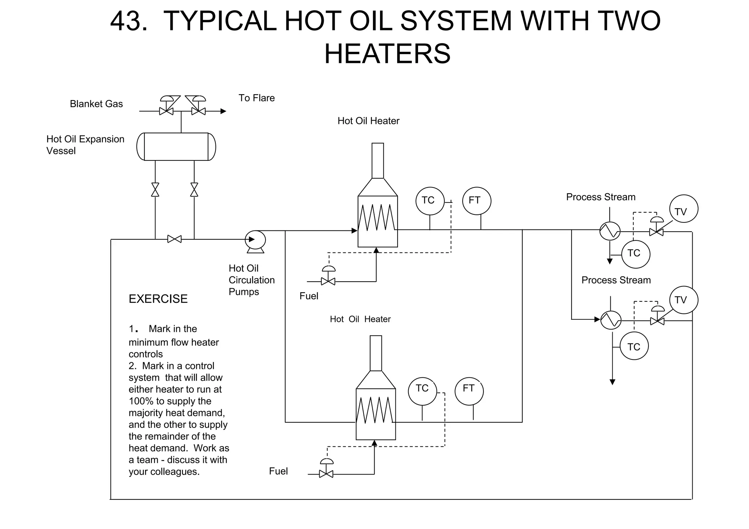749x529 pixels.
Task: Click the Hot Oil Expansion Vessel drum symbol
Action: (176, 146)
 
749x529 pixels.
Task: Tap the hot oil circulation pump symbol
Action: (255, 240)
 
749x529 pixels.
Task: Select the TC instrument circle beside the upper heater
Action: (430, 201)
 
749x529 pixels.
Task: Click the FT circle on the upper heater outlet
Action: (476, 201)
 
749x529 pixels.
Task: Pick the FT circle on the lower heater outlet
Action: (469, 391)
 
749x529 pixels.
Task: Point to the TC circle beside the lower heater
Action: (422, 391)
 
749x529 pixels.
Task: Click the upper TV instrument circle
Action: (684, 209)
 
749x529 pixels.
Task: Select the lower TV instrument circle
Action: (684, 300)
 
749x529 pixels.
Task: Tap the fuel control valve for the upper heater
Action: (328, 281)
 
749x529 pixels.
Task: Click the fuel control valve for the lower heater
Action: (326, 474)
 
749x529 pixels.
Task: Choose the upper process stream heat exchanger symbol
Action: (610, 231)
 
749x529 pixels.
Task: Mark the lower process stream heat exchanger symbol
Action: (611, 320)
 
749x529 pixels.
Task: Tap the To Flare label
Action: (256, 98)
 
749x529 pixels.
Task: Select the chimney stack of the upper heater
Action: (378, 160)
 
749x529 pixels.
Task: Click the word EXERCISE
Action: (158, 299)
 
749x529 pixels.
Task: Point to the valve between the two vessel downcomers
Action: (174, 239)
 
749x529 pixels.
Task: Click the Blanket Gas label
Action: (96, 104)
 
